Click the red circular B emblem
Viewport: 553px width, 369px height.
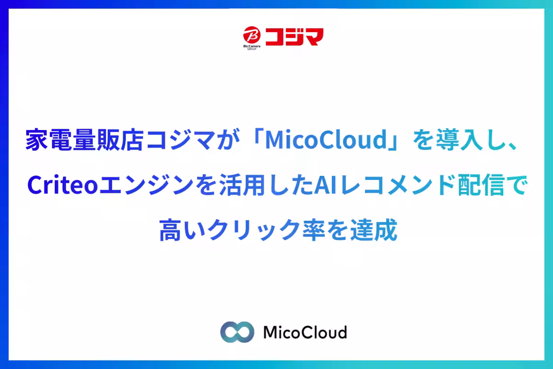[252, 35]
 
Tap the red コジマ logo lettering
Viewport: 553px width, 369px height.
[294, 36]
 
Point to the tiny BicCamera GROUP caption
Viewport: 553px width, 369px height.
[252, 48]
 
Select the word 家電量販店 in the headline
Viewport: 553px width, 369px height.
[85, 140]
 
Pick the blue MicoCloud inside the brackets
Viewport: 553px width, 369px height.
[326, 140]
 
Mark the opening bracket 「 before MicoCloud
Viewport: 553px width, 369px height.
[257, 136]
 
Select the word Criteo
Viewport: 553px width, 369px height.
[63, 185]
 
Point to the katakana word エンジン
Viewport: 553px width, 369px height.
[146, 185]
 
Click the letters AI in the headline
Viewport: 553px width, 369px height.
[325, 185]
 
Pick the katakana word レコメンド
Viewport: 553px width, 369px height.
[397, 185]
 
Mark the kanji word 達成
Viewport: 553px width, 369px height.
[374, 230]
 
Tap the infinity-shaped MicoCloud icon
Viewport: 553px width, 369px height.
[237, 332]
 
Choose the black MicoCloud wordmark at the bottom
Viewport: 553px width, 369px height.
[306, 332]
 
